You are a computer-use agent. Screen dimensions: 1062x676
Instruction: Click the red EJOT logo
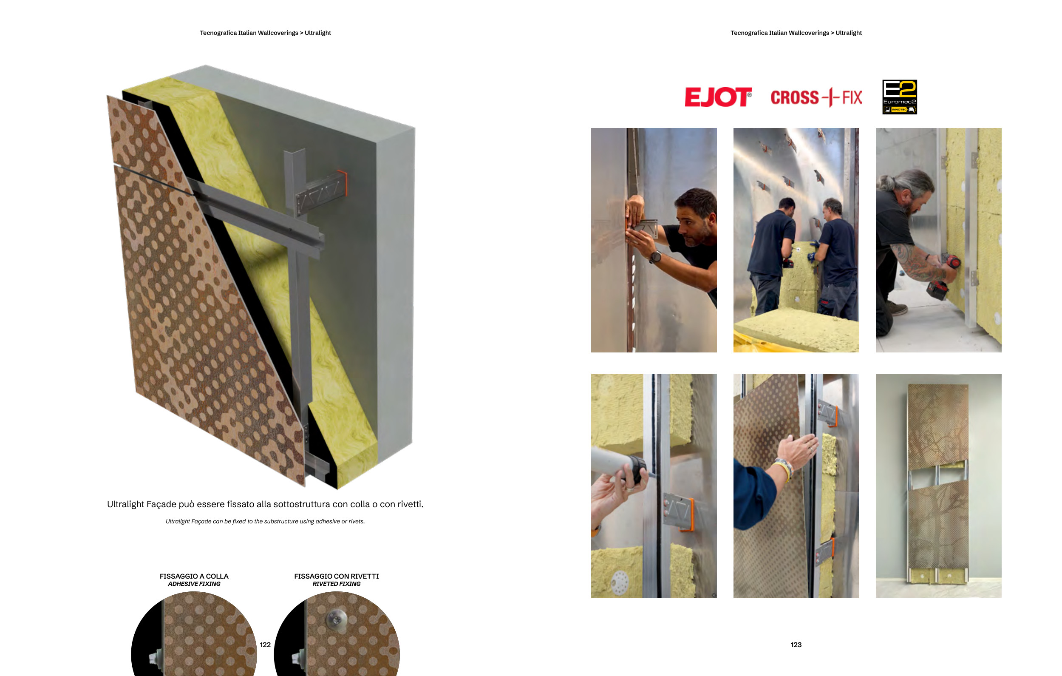[718, 97]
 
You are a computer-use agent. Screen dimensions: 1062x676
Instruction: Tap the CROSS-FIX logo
[816, 97]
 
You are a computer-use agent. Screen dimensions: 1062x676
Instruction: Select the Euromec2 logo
[900, 97]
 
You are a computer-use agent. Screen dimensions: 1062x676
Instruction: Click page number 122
[265, 645]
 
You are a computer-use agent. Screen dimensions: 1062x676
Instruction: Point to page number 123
[796, 645]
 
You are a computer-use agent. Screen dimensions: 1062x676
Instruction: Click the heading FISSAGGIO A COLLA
[194, 576]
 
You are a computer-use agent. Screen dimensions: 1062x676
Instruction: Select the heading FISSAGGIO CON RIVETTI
[337, 576]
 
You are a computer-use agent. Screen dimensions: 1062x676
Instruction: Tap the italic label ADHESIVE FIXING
[194, 584]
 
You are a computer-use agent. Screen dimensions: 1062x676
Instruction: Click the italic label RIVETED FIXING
[337, 584]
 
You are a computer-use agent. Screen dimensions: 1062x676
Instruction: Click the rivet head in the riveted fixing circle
[337, 619]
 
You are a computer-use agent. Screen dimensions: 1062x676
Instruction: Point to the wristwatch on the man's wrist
[655, 257]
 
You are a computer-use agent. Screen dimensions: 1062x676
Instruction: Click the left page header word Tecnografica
[218, 33]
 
